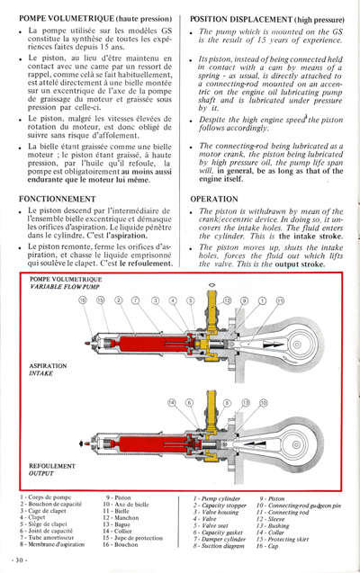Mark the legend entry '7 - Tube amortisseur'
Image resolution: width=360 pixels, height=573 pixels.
tap(55, 538)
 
